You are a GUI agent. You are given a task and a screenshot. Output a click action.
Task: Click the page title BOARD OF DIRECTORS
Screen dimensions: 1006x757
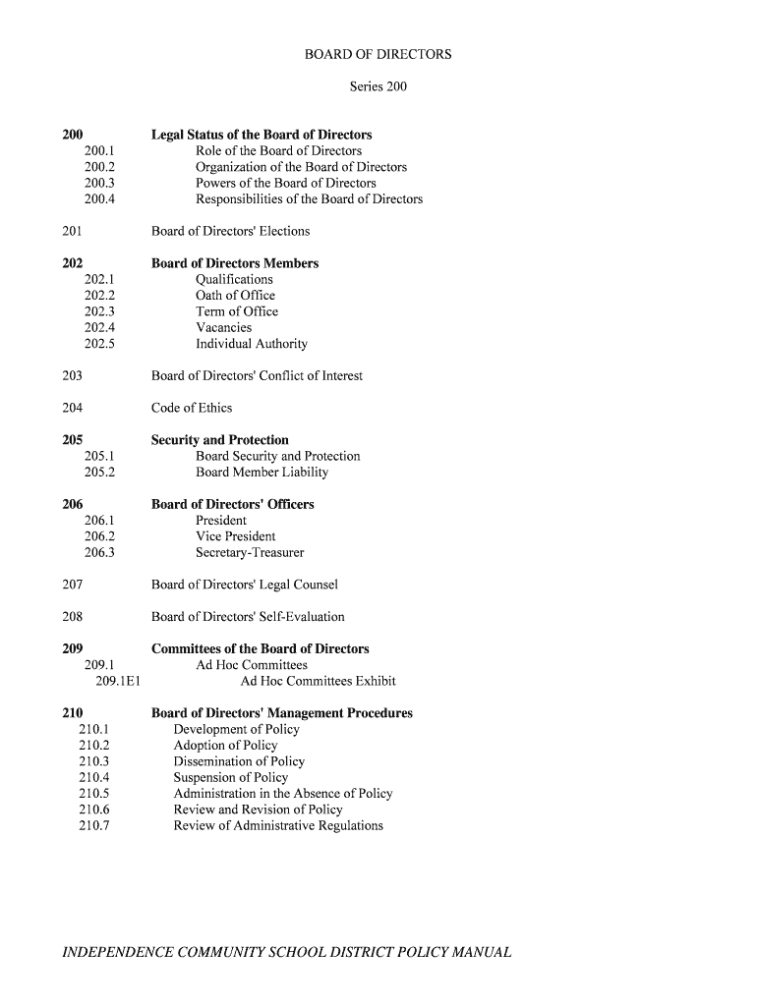378,55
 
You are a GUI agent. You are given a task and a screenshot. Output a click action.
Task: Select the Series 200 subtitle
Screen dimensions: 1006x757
378,86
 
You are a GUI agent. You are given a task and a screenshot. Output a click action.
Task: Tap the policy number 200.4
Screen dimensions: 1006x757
99,199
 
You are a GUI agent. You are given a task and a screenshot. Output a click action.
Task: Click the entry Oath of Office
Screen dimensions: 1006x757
235,296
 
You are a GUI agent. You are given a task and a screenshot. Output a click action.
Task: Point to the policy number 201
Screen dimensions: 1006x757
72,232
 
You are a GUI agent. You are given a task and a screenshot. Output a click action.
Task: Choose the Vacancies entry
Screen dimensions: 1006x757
223,328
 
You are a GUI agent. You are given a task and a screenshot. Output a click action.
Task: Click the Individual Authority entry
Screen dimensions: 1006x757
251,344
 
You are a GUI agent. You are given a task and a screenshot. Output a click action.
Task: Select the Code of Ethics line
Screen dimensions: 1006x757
191,409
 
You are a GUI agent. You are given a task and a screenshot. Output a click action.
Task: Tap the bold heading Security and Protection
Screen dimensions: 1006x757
219,440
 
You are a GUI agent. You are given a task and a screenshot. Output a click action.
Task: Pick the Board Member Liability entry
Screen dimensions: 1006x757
262,473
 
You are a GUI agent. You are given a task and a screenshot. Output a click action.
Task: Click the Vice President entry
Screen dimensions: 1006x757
235,536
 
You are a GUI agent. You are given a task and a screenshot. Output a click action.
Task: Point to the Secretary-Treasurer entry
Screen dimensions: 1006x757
250,553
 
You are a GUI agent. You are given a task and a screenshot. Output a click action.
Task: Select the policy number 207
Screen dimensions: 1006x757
72,586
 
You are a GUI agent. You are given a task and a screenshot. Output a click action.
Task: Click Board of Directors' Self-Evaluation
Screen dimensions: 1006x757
248,617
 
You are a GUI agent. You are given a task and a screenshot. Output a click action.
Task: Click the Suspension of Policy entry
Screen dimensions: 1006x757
230,777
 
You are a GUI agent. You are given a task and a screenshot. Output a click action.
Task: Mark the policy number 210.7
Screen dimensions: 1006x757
93,825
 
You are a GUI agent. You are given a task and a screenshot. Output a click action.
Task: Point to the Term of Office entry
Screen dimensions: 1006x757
236,311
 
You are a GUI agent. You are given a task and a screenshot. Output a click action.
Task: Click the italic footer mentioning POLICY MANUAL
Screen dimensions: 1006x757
286,953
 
